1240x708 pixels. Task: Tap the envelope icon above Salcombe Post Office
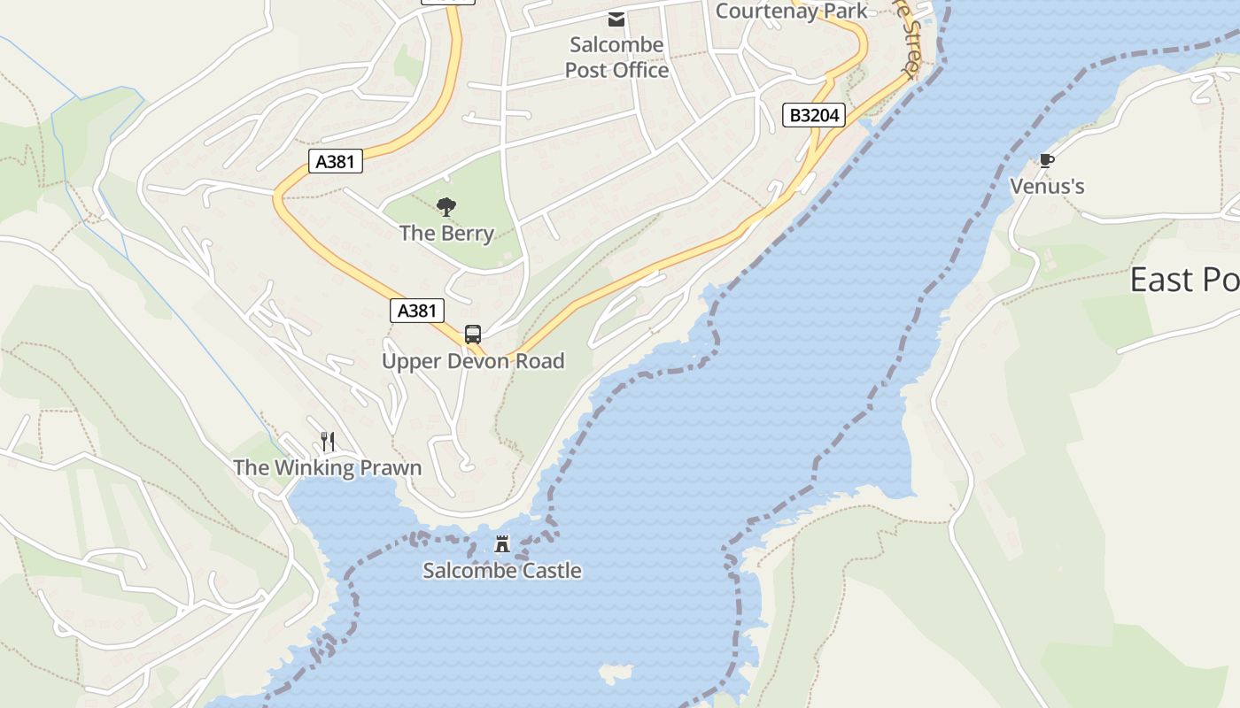coord(616,19)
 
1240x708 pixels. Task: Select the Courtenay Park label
coord(791,11)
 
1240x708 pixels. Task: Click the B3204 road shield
coord(814,115)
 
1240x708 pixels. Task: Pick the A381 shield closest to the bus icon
coord(417,311)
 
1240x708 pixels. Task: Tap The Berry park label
coord(446,234)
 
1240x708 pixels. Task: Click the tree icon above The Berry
coord(446,208)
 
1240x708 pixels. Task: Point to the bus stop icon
coord(473,335)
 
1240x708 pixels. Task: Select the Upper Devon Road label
coord(473,361)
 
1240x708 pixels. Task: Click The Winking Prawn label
coord(328,467)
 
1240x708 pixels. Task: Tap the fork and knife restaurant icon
coord(328,441)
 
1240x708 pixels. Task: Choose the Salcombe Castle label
coord(502,571)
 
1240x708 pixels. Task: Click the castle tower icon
coord(502,543)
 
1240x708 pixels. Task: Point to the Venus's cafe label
coord(1047,187)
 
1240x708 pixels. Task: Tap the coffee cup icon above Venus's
coord(1047,160)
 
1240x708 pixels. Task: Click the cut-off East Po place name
coord(1184,281)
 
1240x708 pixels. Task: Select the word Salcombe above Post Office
coord(616,45)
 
